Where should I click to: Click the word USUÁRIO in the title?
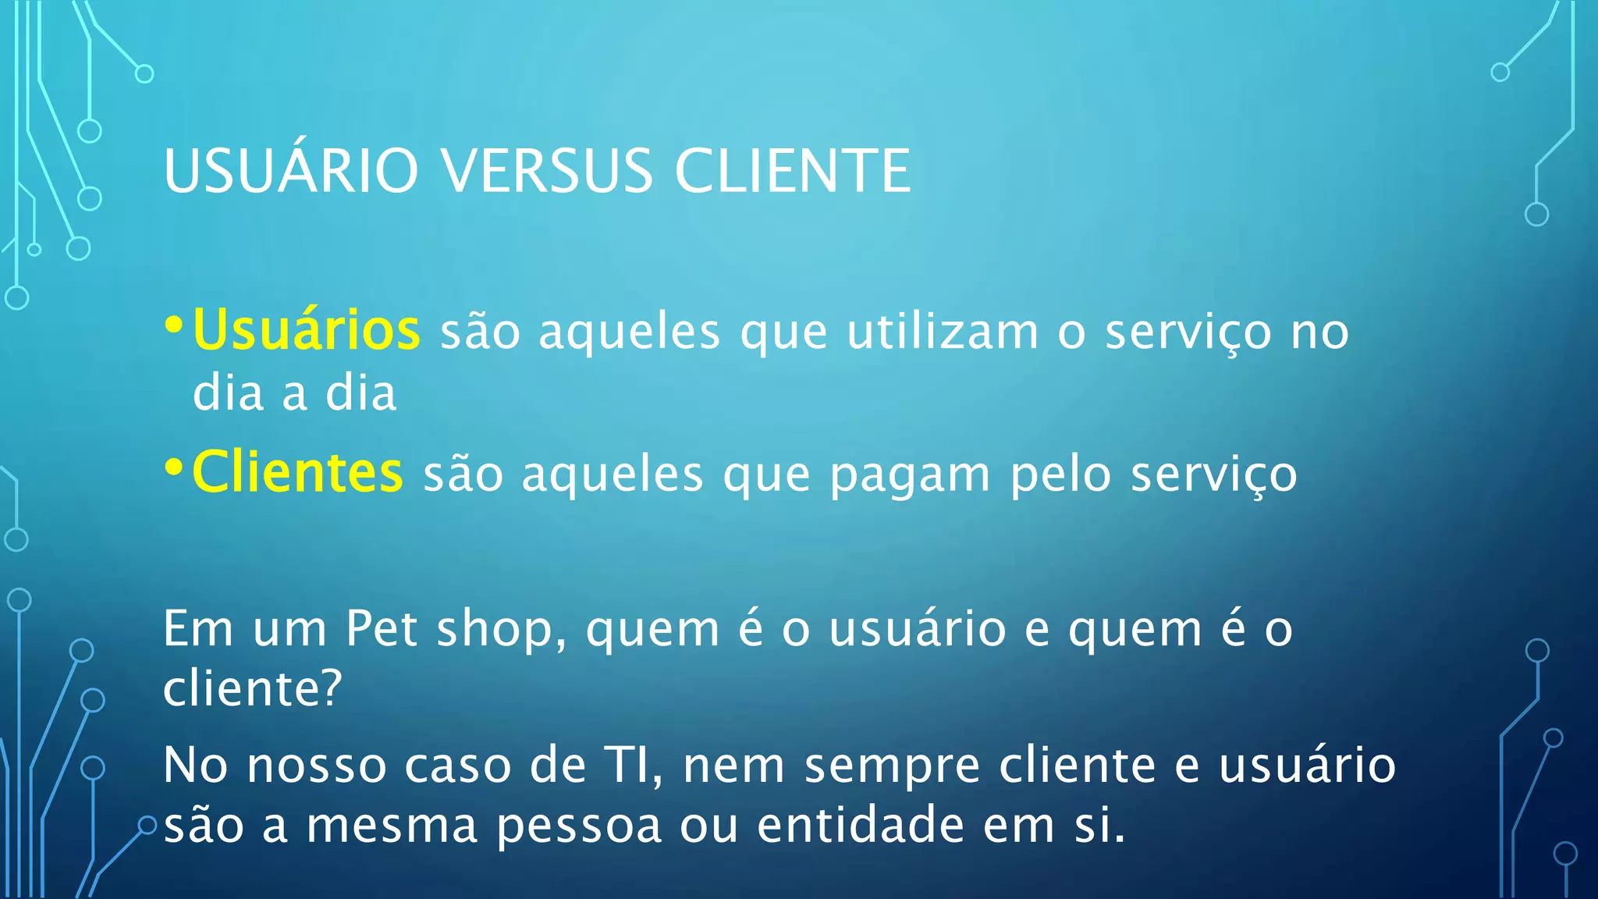291,170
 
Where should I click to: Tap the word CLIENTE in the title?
793,170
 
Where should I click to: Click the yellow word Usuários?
307,330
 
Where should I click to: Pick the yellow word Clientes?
297,472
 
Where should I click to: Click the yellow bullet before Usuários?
175,325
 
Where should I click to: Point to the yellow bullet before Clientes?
175,467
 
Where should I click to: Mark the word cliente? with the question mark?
252,688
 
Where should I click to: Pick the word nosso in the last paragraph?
316,765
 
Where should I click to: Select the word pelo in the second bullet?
1060,474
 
